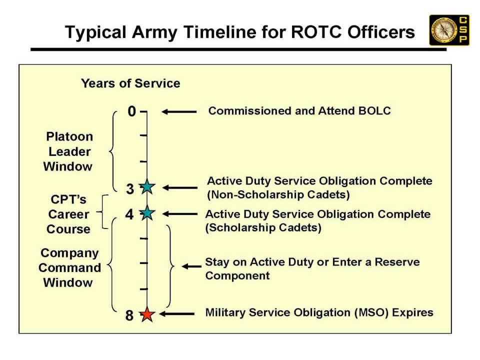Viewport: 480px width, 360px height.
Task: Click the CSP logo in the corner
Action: point(449,30)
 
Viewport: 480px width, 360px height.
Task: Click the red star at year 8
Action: point(146,315)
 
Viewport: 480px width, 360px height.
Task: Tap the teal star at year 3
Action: point(146,187)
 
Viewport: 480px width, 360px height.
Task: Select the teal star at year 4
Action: point(146,213)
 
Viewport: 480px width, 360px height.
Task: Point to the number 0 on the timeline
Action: point(131,111)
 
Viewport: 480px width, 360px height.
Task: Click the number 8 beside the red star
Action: point(129,316)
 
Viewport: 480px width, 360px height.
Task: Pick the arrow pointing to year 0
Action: point(178,112)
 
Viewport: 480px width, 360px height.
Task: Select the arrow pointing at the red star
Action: point(176,314)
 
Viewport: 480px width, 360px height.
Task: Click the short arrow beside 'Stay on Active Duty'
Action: point(191,266)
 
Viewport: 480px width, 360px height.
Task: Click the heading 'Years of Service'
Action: point(130,83)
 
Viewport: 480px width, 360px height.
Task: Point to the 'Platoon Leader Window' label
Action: point(69,151)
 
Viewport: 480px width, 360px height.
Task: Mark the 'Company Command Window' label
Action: point(69,267)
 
